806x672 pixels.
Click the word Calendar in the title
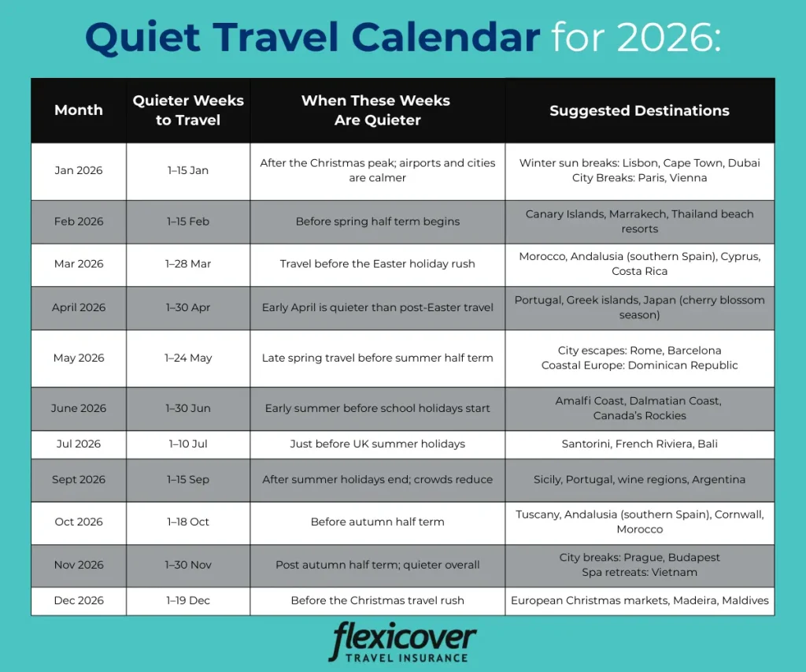446,37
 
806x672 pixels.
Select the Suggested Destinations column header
639,110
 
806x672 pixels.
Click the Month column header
79,110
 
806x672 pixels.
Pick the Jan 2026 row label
79,170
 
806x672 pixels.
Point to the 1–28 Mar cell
188,264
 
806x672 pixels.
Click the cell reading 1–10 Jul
188,444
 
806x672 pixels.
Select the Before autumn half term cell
377,522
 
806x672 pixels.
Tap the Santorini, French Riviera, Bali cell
639,444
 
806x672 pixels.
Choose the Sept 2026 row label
79,480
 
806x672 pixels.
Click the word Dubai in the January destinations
745,163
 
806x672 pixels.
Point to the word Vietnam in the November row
674,572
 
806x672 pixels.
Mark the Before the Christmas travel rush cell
377,600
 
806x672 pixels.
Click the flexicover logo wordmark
404,637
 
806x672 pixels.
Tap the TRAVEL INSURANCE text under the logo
407,658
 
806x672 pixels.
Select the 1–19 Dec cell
188,600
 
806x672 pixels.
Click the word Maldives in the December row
745,600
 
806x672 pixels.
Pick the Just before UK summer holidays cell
377,444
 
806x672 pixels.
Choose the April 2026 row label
79,308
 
